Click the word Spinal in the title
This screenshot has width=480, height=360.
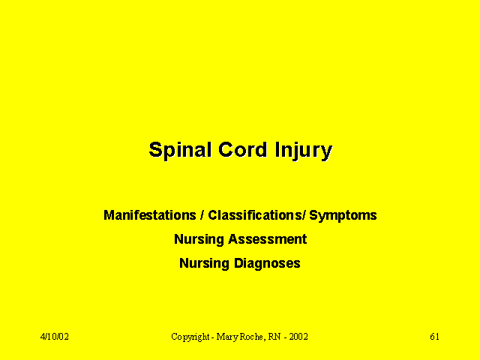coord(180,151)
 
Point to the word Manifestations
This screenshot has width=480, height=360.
coord(150,215)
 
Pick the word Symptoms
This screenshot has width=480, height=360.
coord(343,216)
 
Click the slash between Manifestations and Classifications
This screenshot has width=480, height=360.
coord(202,215)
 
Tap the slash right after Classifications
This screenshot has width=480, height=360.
coord(304,215)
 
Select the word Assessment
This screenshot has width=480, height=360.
coord(268,239)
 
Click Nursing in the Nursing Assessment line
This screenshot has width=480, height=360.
coord(199,240)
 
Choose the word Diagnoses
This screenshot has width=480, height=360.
coord(267,264)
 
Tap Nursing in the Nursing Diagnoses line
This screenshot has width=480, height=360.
coord(204,264)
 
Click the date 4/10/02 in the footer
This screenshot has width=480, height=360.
coord(55,337)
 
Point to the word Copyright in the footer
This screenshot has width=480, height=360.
coord(190,337)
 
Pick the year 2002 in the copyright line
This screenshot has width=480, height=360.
coord(298,337)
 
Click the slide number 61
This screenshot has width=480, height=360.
coord(435,337)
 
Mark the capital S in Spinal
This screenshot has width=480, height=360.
coord(155,149)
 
